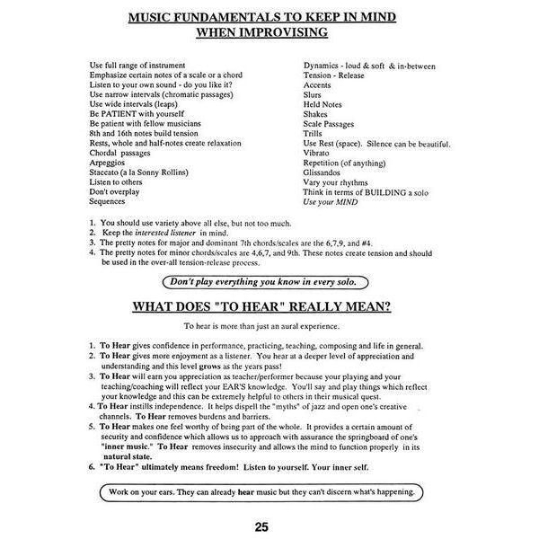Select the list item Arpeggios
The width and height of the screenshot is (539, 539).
109,163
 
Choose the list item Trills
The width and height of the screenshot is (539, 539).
314,134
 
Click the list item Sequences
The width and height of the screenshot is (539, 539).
108,201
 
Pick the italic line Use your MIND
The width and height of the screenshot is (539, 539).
330,201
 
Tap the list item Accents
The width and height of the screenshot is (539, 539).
317,85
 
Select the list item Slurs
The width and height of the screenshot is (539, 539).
313,95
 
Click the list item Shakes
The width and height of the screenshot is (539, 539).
316,114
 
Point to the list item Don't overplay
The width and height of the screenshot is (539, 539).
114,191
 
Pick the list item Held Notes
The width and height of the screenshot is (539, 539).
323,104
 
